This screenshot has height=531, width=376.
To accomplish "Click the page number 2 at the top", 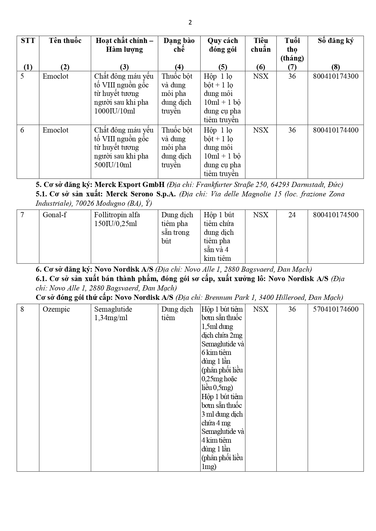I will click(190, 22).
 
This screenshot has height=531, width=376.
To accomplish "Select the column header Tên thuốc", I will click(65, 41).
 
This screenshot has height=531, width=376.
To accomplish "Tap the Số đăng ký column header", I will click(335, 41).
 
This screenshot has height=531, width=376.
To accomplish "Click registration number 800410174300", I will click(335, 76).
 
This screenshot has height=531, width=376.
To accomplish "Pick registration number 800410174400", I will click(335, 130).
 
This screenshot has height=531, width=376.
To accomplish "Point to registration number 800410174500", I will click(335, 215).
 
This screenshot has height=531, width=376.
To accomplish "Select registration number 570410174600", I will click(335, 309).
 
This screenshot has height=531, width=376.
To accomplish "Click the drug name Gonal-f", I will click(55, 215).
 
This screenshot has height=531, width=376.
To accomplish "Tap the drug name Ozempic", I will click(56, 309).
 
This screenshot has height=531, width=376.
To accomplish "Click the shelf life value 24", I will click(292, 215).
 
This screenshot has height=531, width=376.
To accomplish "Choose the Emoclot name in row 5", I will click(55, 76).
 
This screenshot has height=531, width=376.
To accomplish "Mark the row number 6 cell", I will click(22, 130).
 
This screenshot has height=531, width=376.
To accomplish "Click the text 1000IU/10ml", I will click(115, 111).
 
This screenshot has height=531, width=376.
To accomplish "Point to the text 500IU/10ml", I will click(113, 165).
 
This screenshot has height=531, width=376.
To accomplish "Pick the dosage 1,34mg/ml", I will click(111, 318).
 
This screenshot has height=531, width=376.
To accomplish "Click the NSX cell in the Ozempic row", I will click(261, 309).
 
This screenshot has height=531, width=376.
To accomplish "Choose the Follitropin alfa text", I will click(117, 215).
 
